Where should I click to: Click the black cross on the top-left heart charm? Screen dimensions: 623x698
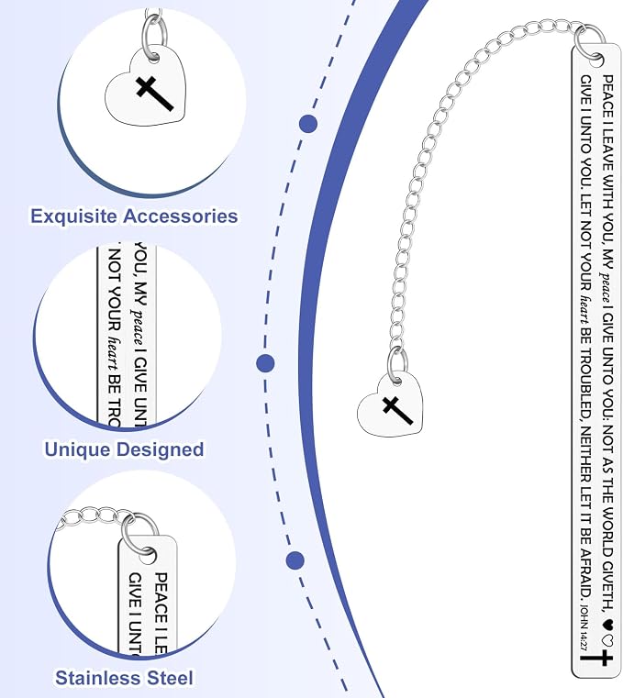pos(152,93)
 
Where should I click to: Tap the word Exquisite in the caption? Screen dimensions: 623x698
pos(74,216)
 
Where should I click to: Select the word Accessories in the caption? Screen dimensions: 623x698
pos(181,216)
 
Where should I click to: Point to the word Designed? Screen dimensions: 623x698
pos(160,449)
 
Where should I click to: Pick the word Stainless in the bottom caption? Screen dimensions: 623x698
pos(97,678)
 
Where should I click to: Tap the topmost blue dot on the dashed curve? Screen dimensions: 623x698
pos(308,124)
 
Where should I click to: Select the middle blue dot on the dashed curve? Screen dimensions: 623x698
pos(265,363)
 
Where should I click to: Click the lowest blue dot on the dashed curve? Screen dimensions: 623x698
pos(295,560)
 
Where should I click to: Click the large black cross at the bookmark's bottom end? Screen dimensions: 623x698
pos(596,658)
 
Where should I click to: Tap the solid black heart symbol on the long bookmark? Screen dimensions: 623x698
pos(606,624)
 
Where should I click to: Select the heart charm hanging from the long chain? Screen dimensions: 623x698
pos(391,404)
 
